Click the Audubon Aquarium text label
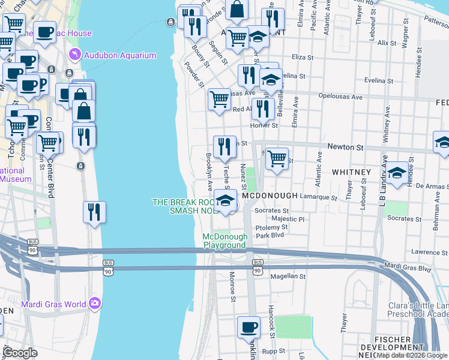tap(120, 56)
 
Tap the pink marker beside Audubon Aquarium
tap(74, 55)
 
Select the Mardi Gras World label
tap(54, 304)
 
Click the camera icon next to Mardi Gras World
tap(95, 304)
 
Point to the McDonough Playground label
tap(224, 241)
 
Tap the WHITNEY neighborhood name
tap(351, 172)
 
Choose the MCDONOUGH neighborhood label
tap(270, 196)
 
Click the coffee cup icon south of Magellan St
tap(249, 328)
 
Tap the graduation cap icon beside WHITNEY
tap(396, 173)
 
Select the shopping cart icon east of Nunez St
tap(277, 159)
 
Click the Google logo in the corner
tap(20, 353)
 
